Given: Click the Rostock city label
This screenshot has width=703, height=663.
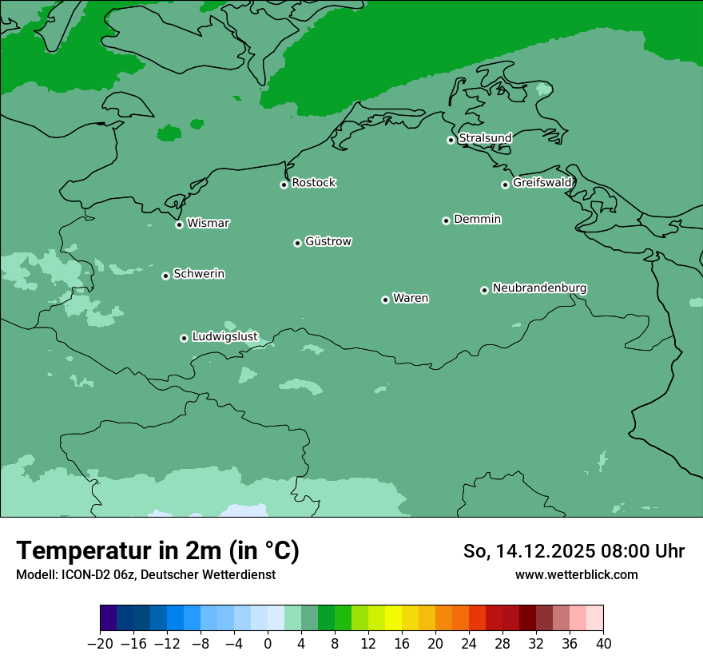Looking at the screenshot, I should click(x=313, y=183).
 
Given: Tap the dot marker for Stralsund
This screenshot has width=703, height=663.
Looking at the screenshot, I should click(x=451, y=140).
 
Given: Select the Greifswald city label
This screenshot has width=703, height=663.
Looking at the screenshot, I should click(x=542, y=183).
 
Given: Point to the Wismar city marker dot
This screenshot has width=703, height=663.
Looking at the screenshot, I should click(x=179, y=224).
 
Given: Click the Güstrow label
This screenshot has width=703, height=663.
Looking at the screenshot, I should click(x=328, y=241).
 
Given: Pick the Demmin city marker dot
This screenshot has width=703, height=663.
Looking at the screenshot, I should click(x=446, y=220).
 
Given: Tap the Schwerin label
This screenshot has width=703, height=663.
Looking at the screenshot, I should click(x=199, y=274).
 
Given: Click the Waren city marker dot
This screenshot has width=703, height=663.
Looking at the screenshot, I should click(x=385, y=300).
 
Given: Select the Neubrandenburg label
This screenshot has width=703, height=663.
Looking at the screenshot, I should click(x=539, y=288).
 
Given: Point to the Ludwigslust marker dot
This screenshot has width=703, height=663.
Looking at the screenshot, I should click(x=184, y=338).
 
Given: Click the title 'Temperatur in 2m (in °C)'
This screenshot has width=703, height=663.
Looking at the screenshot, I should click(x=157, y=550).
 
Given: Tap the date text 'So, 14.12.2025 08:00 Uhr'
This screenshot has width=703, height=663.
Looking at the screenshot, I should click(x=574, y=551).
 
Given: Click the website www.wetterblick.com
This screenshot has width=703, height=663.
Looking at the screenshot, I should click(x=576, y=574).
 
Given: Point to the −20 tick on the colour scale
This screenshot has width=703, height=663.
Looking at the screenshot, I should click(x=100, y=643).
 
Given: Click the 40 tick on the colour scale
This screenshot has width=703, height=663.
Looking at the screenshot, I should click(x=603, y=643).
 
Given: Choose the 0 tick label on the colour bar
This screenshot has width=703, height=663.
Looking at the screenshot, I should click(x=268, y=643).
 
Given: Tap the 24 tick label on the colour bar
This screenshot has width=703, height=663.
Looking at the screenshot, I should click(x=469, y=643).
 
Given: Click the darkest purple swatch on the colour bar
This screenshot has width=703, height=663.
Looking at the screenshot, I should click(x=109, y=618).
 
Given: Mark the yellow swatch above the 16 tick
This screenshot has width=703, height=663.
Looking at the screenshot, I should click(x=401, y=618).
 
